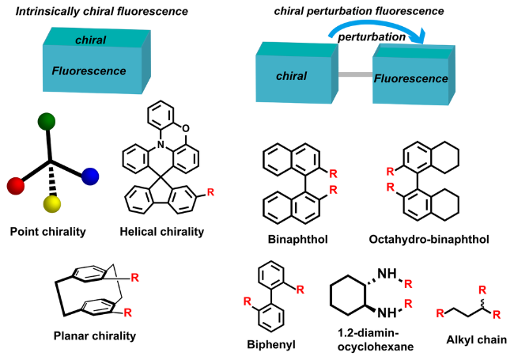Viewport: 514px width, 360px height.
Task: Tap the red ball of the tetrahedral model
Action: click(15, 186)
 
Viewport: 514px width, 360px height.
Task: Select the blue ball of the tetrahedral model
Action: click(89, 176)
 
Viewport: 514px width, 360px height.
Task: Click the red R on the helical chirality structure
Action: click(231, 191)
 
